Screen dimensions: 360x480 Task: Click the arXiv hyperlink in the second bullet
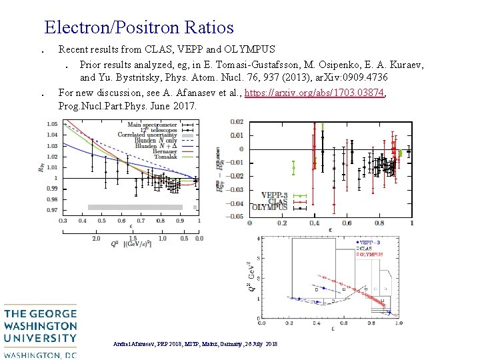315,93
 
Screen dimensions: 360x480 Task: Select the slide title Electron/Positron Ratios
139,27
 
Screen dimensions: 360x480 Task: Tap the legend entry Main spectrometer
152,124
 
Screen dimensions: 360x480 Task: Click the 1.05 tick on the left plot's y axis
51,124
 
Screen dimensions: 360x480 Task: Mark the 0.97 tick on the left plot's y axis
51,210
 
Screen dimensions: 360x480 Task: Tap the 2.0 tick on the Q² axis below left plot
96,238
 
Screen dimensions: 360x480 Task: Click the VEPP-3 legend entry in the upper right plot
274,195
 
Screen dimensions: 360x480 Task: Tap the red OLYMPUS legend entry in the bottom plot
369,254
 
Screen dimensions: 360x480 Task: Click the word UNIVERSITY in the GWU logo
40,338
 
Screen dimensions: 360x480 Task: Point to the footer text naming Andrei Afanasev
195,343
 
